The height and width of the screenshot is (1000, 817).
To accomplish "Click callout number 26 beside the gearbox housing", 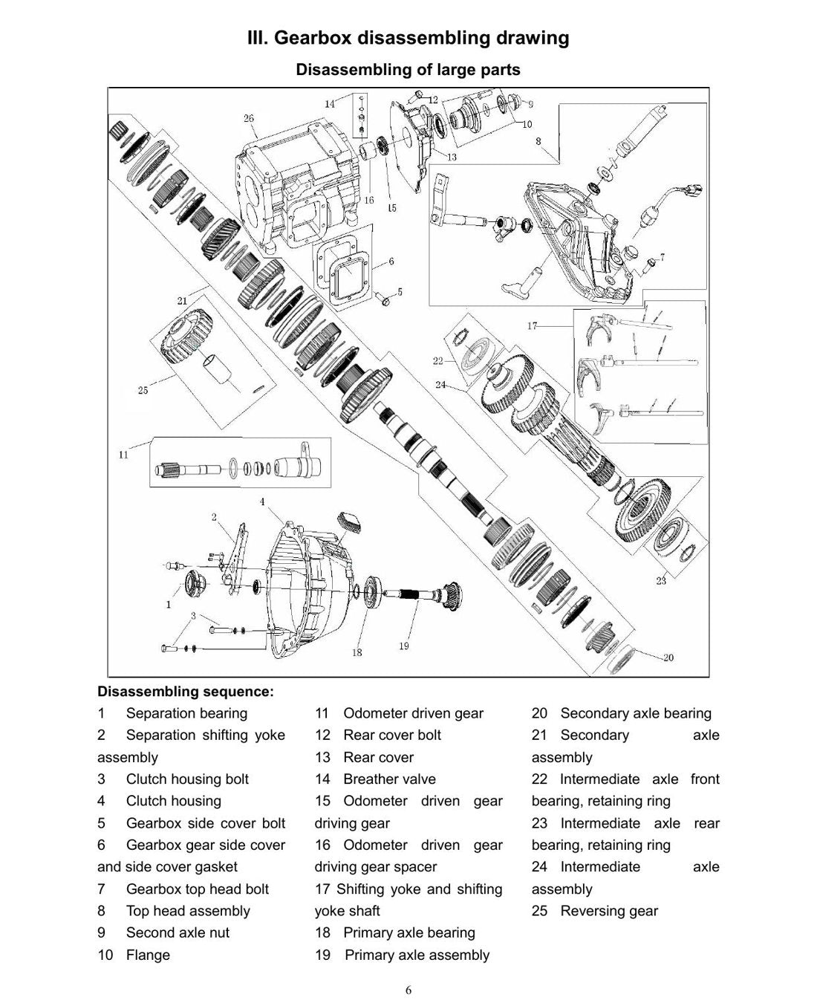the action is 249,118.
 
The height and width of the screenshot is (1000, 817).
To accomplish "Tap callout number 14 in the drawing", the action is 330,104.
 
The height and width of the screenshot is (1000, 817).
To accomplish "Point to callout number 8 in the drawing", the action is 538,141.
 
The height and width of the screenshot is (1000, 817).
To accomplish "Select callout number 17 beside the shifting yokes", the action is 532,325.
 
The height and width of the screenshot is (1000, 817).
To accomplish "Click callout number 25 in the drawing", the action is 143,390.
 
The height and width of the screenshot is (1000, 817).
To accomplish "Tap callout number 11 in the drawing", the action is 123,455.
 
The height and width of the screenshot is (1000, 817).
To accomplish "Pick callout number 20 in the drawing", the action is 668,658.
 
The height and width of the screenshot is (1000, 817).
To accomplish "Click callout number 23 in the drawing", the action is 661,580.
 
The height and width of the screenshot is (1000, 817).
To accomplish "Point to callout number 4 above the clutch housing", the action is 262,501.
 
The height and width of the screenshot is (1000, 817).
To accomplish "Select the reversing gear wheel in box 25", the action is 187,335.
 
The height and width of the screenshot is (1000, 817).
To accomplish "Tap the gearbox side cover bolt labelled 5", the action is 383,299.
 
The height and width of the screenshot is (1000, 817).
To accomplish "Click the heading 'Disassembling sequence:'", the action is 186,692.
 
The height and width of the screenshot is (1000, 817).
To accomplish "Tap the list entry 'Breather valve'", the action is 389,779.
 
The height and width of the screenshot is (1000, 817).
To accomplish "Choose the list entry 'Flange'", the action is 148,955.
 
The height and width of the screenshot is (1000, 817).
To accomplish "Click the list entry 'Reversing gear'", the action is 609,911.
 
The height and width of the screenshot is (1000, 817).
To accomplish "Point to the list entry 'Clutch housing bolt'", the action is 187,779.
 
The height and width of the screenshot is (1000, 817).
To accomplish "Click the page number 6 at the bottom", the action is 408,990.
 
